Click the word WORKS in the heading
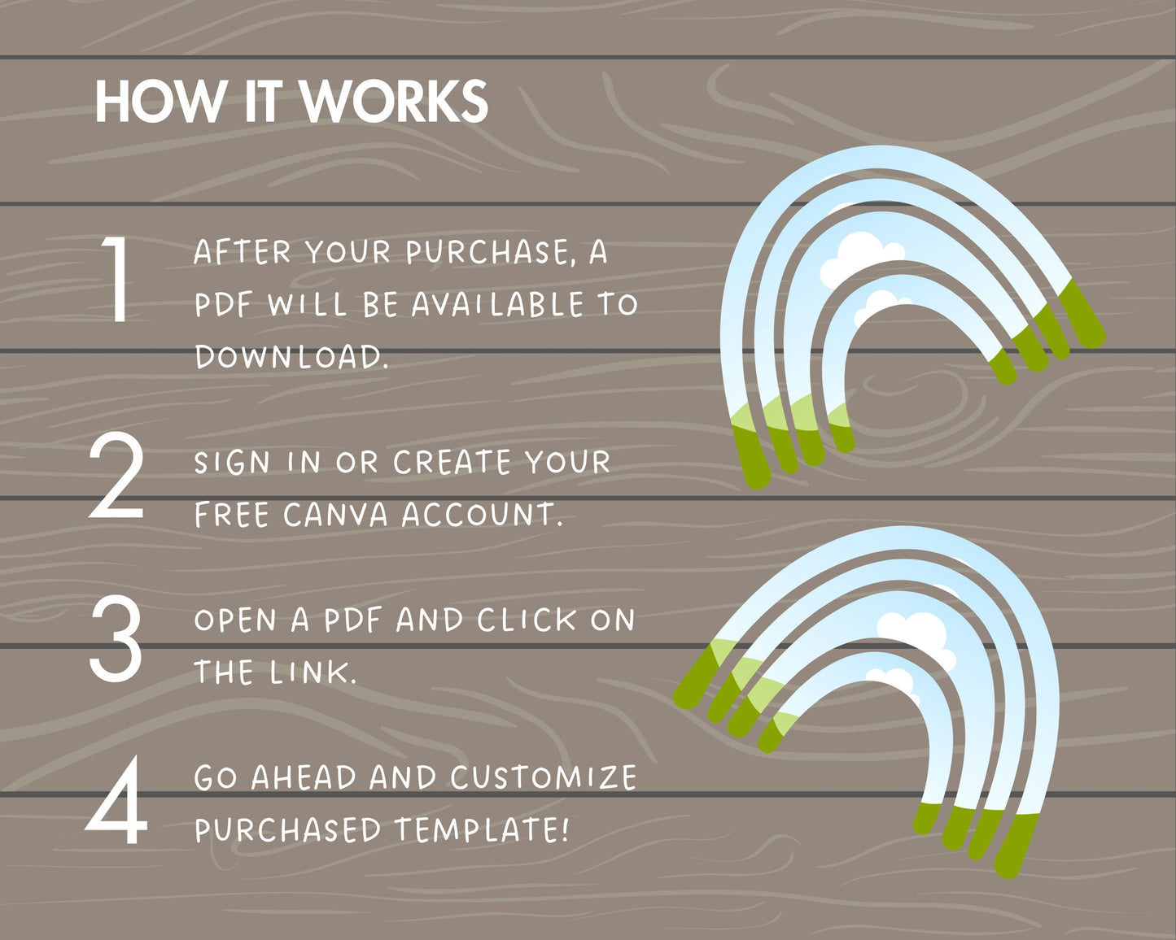pos(394,102)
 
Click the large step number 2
pos(116,475)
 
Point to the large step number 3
pos(116,639)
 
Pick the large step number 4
pos(116,800)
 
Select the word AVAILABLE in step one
pos(498,305)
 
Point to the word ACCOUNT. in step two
pos(483,515)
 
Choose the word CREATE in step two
pos(452,462)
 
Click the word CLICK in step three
pos(527,620)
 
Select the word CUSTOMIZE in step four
pos(544,778)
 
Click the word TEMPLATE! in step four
pos(482,830)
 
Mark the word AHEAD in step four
pos(304,778)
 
